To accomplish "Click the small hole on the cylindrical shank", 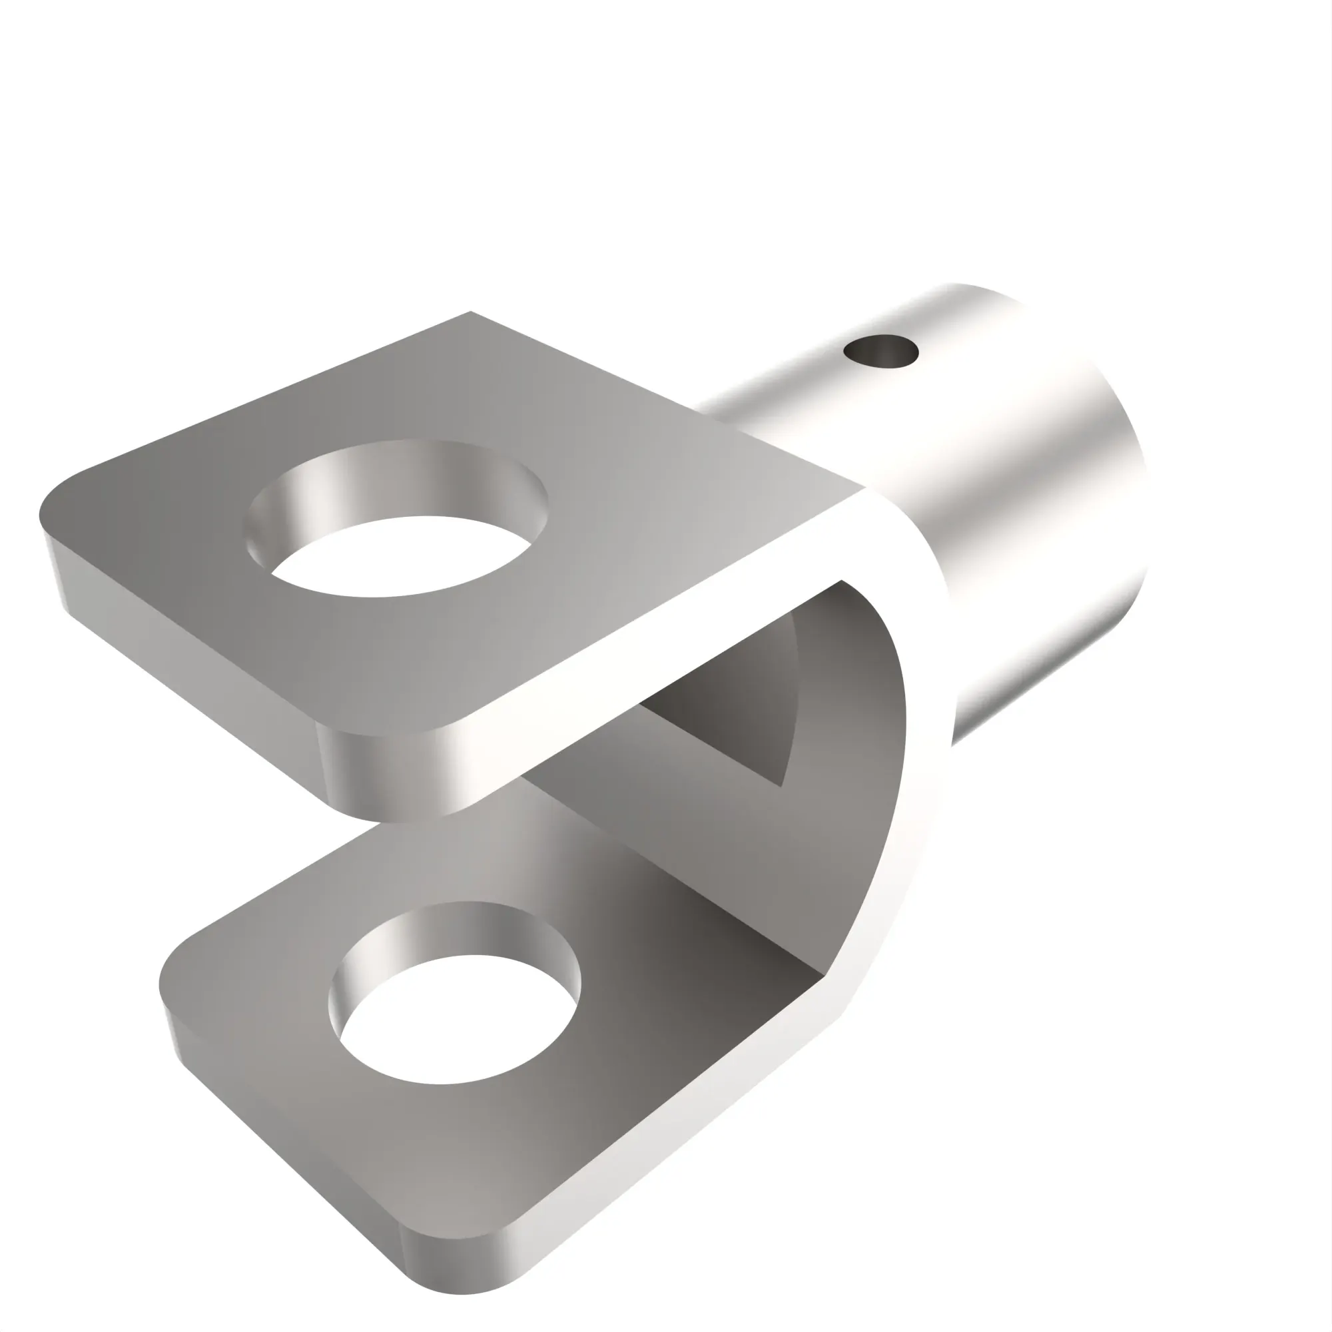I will (x=881, y=351).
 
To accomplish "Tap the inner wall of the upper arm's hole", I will (x=386, y=483).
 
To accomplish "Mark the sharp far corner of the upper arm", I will (x=471, y=313).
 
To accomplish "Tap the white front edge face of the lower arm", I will (x=689, y=1131).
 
